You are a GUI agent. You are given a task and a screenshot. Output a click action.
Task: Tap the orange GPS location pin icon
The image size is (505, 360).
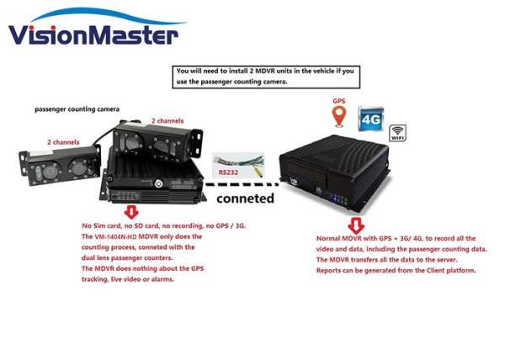click(x=339, y=117)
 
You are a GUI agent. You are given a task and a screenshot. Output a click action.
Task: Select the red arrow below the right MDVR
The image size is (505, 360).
click(x=357, y=225)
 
